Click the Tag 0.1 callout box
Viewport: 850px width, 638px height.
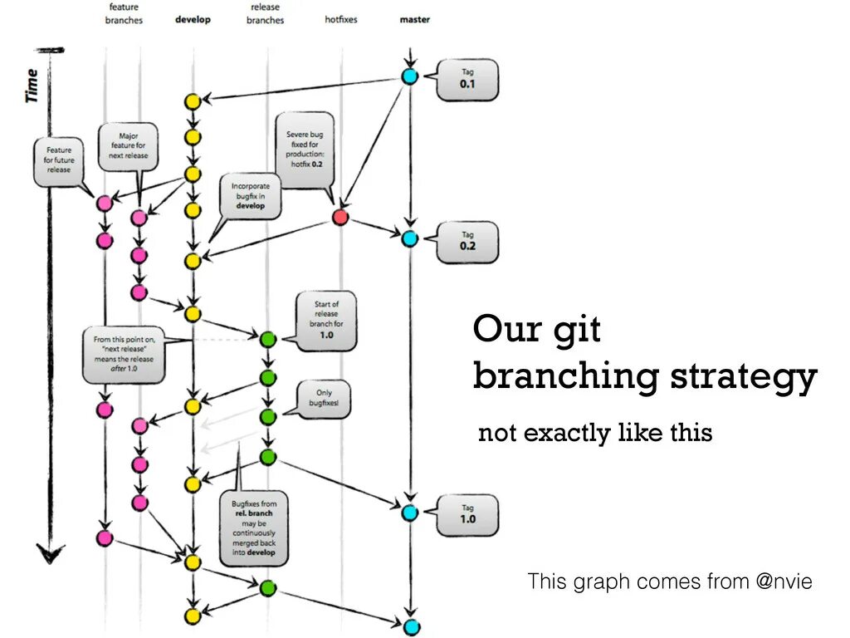coord(467,80)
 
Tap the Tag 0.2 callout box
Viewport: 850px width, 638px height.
coord(467,242)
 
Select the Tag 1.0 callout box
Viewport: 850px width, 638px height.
coord(468,514)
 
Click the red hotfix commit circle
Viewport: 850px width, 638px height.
coord(340,218)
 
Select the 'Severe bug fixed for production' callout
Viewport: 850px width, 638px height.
coord(305,150)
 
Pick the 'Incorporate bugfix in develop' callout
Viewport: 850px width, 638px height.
coord(251,196)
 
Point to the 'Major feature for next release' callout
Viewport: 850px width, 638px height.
coord(128,146)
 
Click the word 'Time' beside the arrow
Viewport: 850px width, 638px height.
coord(32,86)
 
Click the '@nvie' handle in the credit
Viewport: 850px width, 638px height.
coord(784,582)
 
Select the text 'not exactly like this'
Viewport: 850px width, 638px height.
coord(595,433)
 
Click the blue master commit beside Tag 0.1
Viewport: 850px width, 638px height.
coord(408,76)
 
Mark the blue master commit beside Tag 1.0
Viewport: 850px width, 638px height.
coord(408,513)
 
